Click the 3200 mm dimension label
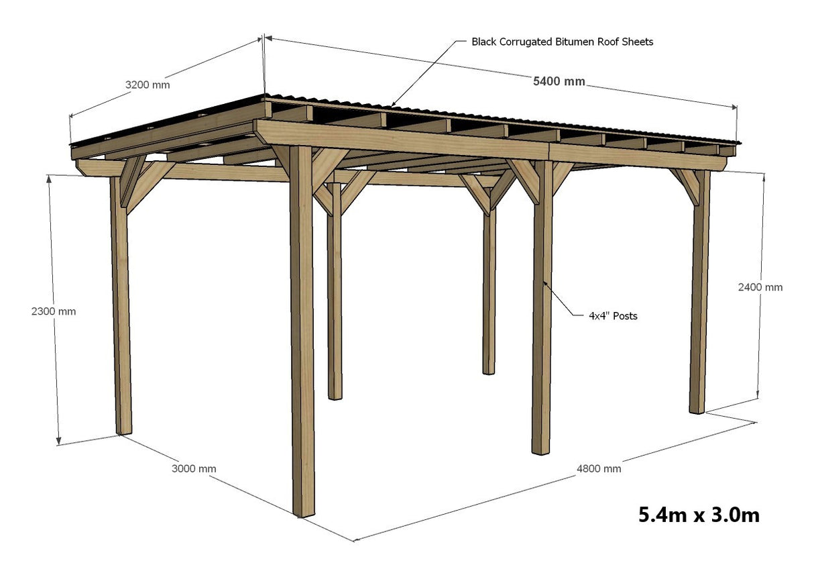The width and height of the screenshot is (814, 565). pyautogui.click(x=148, y=85)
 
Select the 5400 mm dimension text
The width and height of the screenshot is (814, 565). pyautogui.click(x=559, y=82)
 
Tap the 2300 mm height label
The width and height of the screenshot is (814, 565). pyautogui.click(x=54, y=311)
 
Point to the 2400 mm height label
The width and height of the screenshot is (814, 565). pyautogui.click(x=760, y=287)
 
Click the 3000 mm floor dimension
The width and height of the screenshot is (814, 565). pyautogui.click(x=194, y=468)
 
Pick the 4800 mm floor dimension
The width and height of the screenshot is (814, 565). pyautogui.click(x=599, y=468)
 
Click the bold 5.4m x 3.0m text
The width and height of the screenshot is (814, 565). pyautogui.click(x=699, y=515)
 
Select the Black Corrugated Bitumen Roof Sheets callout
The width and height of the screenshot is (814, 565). pyautogui.click(x=562, y=42)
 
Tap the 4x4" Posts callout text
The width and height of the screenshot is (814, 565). pyautogui.click(x=613, y=315)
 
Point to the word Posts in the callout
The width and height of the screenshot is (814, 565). pyautogui.click(x=624, y=315)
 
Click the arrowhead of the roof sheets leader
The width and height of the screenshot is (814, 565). pyautogui.click(x=393, y=105)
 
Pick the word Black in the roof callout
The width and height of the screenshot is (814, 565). pyautogui.click(x=484, y=42)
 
